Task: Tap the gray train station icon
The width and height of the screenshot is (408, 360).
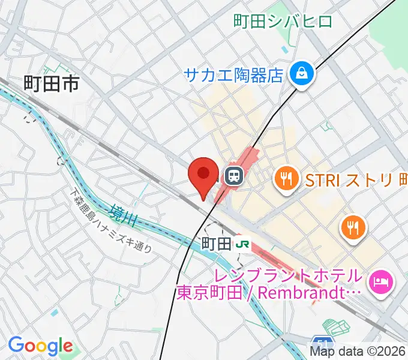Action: [x=233, y=175]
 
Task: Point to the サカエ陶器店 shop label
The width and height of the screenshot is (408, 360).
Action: [x=233, y=75]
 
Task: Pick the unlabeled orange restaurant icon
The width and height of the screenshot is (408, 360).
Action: [x=352, y=227]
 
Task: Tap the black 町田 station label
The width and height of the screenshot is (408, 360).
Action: [x=215, y=244]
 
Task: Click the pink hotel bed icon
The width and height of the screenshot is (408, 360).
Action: [x=381, y=280]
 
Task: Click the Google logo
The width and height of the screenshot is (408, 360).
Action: [x=40, y=346]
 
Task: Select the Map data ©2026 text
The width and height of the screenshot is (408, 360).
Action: [x=358, y=352]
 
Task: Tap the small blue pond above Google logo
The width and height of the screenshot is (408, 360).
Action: [x=55, y=313]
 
